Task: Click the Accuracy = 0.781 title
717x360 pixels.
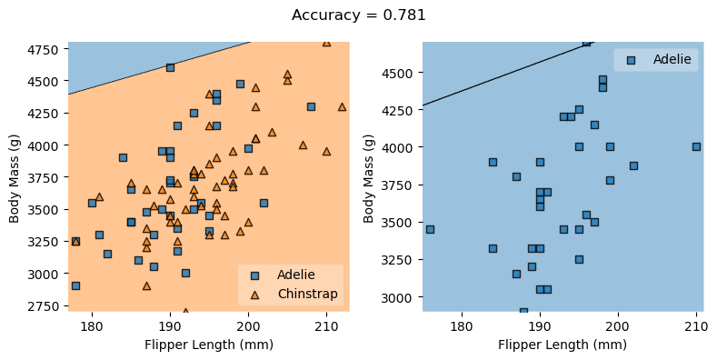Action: coord(358,15)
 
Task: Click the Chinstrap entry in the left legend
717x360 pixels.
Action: coord(307,294)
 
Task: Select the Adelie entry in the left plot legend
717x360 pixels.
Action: coord(295,275)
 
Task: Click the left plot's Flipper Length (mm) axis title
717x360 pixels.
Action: coord(208,345)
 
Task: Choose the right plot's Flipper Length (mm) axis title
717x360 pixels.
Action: coord(563,345)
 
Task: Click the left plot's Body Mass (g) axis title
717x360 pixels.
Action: coord(15,177)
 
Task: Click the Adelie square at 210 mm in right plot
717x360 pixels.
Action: coord(696,146)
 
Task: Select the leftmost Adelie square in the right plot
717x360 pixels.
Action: coord(430,229)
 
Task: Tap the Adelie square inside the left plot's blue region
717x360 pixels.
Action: coord(170,67)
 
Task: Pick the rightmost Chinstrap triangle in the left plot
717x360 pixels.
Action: coord(342,106)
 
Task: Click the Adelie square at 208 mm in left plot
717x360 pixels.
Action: coord(311,106)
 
